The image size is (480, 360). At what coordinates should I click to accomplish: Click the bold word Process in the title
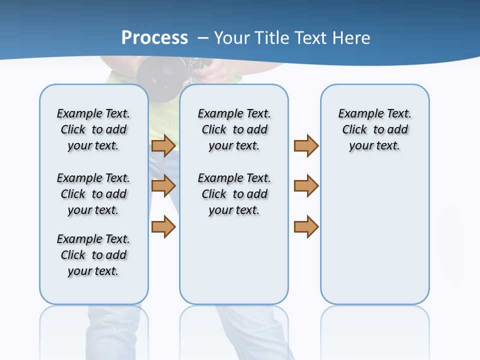pyautogui.click(x=154, y=38)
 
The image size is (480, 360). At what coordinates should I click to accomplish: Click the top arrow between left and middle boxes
pyautogui.click(x=163, y=146)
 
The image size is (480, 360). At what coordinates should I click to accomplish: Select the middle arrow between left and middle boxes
pyautogui.click(x=163, y=186)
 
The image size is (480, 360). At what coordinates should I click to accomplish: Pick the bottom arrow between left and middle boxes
pyautogui.click(x=163, y=226)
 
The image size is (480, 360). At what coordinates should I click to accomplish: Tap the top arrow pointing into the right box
pyautogui.click(x=306, y=146)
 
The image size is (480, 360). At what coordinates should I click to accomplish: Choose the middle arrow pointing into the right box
pyautogui.click(x=306, y=186)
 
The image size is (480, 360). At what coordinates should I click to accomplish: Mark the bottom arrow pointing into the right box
pyautogui.click(x=306, y=226)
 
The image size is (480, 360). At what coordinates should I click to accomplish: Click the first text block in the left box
pyautogui.click(x=93, y=129)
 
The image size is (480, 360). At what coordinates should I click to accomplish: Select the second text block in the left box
pyautogui.click(x=93, y=194)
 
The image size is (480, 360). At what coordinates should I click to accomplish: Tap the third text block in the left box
pyautogui.click(x=93, y=255)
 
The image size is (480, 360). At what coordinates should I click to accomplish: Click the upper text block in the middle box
pyautogui.click(x=234, y=129)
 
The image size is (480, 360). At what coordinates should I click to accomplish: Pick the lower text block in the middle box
pyautogui.click(x=234, y=194)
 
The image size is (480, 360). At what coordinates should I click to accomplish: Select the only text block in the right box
pyautogui.click(x=374, y=129)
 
